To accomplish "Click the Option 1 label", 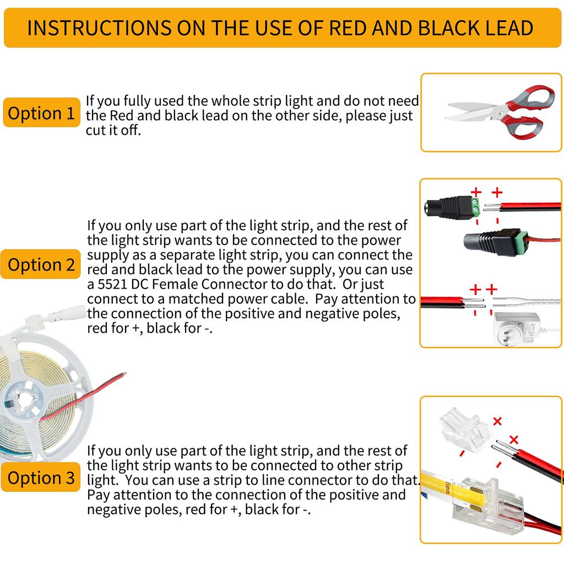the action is point(41,112).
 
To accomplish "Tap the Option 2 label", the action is point(41,264).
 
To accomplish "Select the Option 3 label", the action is point(41,478).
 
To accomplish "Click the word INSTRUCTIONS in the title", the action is point(99,28).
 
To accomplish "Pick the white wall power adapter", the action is point(517,329).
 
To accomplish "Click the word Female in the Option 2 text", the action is point(175,284).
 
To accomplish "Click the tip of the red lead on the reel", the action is point(125,374).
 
